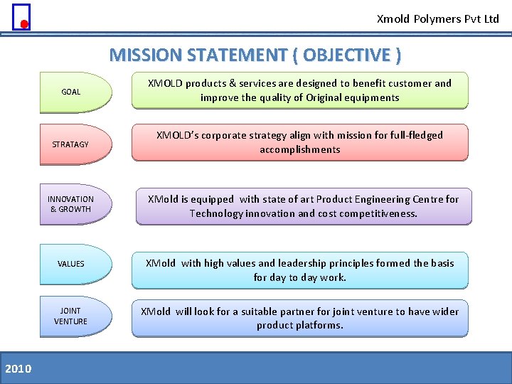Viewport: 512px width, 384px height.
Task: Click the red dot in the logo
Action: [23, 24]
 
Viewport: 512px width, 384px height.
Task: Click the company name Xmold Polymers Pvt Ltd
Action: [437, 19]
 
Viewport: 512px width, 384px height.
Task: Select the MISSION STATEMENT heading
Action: [255, 55]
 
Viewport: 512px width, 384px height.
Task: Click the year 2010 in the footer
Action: [18, 368]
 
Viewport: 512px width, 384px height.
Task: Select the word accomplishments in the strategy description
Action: [299, 149]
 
